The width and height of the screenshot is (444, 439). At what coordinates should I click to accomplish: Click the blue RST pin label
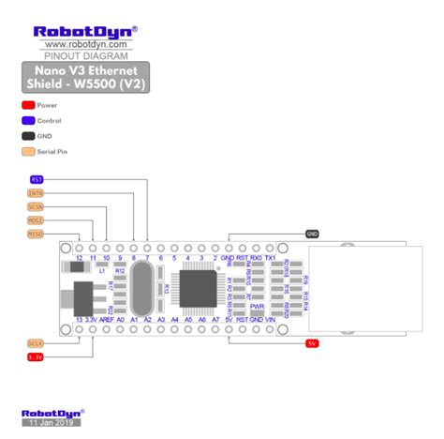coord(37,179)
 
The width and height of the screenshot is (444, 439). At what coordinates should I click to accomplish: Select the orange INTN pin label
coord(37,193)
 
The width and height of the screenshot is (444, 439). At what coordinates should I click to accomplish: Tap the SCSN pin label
coord(37,206)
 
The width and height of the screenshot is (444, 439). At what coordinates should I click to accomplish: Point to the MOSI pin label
coord(37,220)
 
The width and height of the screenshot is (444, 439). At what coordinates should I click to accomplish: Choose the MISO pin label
coord(37,234)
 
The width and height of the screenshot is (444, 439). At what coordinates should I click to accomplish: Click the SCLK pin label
coord(37,343)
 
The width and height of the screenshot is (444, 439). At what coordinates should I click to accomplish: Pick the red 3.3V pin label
coord(37,356)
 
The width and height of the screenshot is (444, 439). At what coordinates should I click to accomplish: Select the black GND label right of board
coord(313,234)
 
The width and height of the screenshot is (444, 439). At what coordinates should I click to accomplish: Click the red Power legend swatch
coord(27,105)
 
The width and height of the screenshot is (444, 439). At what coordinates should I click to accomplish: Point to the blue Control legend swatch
coord(27,120)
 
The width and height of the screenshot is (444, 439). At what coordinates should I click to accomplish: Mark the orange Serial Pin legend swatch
coord(27,150)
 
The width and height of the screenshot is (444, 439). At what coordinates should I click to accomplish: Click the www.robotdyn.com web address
coord(85,44)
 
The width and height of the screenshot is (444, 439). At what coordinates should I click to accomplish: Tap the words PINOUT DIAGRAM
coord(85,55)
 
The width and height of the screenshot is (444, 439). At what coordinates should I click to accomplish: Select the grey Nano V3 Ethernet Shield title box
coord(85,76)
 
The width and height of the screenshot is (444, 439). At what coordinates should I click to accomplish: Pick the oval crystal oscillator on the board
coord(141,288)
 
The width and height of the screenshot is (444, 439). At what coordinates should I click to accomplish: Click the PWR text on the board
coord(257,307)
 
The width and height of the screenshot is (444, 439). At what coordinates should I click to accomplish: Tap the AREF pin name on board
coord(107,320)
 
